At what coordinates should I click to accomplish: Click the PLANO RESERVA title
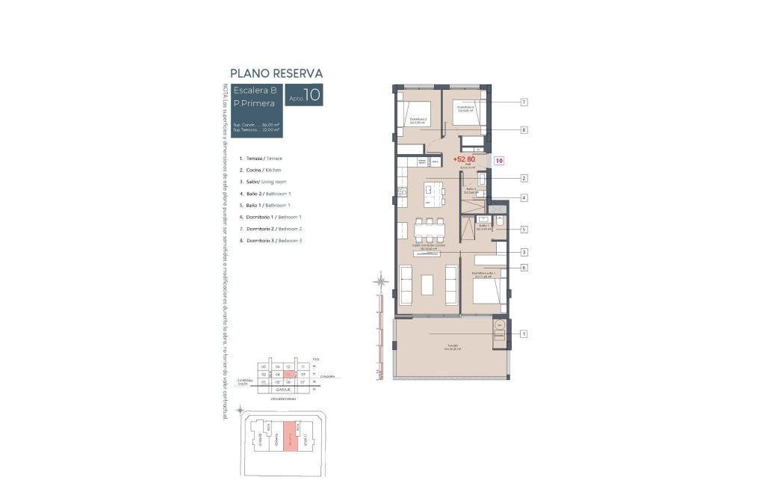[x=276, y=73]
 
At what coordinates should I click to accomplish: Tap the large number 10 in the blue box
[x=312, y=95]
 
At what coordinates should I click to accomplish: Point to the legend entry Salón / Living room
[x=266, y=182]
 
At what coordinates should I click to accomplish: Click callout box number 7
[x=524, y=102]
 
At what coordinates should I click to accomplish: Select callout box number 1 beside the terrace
[x=524, y=334]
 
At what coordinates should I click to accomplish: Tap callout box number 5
[x=524, y=230]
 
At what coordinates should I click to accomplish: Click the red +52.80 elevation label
[x=464, y=159]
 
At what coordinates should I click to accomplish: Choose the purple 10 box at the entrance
[x=499, y=160]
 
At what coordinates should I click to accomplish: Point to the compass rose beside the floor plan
[x=381, y=282]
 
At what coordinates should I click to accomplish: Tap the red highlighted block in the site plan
[x=288, y=437]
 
